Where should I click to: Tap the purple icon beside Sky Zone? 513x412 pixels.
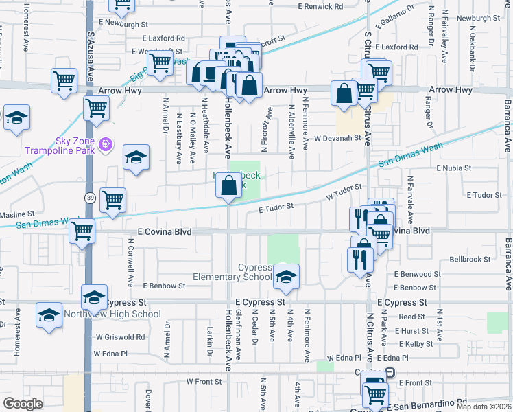click(104, 144)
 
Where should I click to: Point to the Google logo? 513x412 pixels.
click(23, 404)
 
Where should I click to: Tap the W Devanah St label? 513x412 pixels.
click(337, 138)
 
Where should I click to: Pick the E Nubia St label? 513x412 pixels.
click(454, 168)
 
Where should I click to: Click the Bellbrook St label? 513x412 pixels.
click(470, 260)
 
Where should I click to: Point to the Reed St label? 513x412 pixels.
click(411, 317)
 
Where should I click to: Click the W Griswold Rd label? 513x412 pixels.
click(121, 337)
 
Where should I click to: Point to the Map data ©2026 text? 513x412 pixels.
click(484, 407)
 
